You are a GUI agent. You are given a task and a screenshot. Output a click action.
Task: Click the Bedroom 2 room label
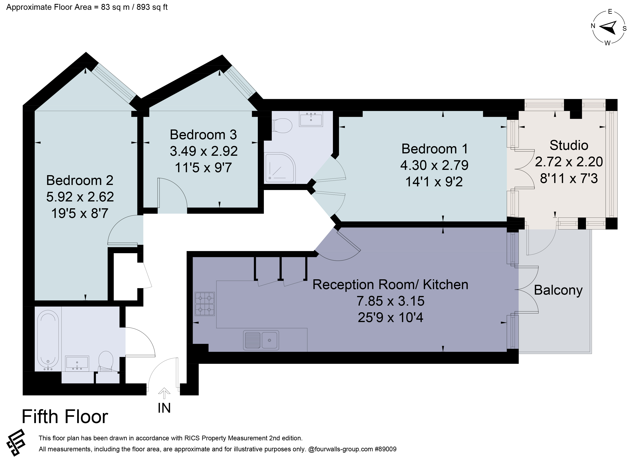click(x=80, y=180)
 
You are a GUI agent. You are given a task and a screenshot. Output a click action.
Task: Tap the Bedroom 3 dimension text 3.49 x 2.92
click(x=204, y=151)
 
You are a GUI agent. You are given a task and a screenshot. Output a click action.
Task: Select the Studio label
click(x=569, y=145)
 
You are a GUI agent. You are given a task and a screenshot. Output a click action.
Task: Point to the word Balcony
click(x=558, y=290)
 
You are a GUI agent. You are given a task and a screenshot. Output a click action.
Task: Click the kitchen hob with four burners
click(x=205, y=304)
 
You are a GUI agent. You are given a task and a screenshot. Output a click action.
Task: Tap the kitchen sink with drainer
click(x=261, y=340)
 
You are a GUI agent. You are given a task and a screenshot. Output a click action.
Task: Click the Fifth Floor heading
click(x=65, y=417)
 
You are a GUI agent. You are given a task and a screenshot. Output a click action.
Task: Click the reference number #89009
click(x=386, y=449)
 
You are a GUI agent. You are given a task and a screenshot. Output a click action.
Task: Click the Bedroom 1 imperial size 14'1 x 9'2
click(x=434, y=182)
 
